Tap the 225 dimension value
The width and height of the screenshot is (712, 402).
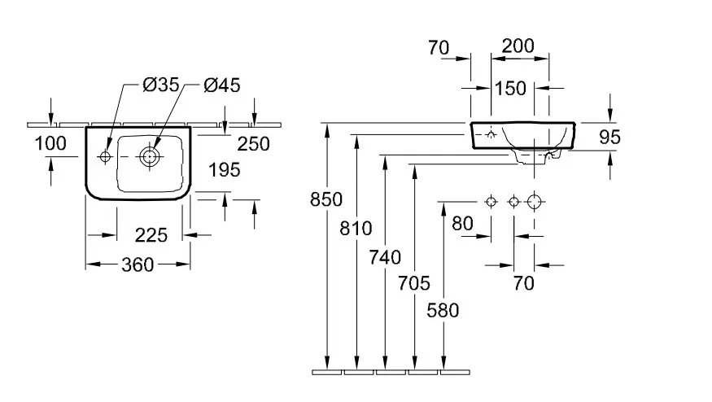[x=151, y=235]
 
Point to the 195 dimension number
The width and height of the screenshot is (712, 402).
[x=224, y=170]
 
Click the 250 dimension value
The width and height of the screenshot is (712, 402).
[x=253, y=144]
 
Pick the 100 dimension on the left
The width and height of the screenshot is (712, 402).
[x=50, y=144]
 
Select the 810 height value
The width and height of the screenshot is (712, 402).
[x=356, y=228]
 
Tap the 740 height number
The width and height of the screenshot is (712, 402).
[x=385, y=257]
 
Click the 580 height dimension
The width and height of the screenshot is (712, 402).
[x=443, y=310]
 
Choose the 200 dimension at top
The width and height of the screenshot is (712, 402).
[x=518, y=46]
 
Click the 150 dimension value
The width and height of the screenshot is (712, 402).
[x=511, y=89]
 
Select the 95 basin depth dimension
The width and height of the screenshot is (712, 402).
[x=609, y=137]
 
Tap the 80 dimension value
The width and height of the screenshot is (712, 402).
[x=462, y=222]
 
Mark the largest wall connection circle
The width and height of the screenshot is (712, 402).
[x=534, y=201]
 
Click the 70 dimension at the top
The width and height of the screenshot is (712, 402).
[x=439, y=48]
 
